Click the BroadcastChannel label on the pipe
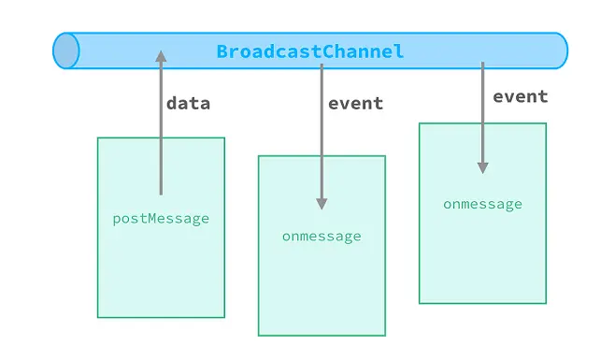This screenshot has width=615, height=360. [310, 51]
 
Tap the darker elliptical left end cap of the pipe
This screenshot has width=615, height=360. [65, 51]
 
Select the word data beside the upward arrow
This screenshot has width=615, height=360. [188, 104]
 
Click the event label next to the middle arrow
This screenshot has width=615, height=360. [355, 104]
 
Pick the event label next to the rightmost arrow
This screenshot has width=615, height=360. [520, 97]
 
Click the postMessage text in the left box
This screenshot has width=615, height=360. [161, 219]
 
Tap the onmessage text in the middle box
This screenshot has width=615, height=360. [322, 237]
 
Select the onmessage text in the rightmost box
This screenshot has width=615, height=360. [482, 205]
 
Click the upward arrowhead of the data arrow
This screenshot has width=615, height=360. [161, 56]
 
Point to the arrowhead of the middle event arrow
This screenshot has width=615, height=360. [322, 203]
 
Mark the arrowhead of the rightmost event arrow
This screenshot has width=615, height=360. [482, 167]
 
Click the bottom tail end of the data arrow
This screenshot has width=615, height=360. [161, 194]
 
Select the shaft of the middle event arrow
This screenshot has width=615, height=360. [322, 131]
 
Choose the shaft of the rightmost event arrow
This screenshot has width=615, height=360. [482, 112]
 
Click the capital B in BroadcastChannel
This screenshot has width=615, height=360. [222, 51]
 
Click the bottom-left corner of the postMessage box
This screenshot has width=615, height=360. [98, 317]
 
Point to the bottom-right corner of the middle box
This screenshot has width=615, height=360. [385, 335]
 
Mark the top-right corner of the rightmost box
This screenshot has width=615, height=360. [546, 123]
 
